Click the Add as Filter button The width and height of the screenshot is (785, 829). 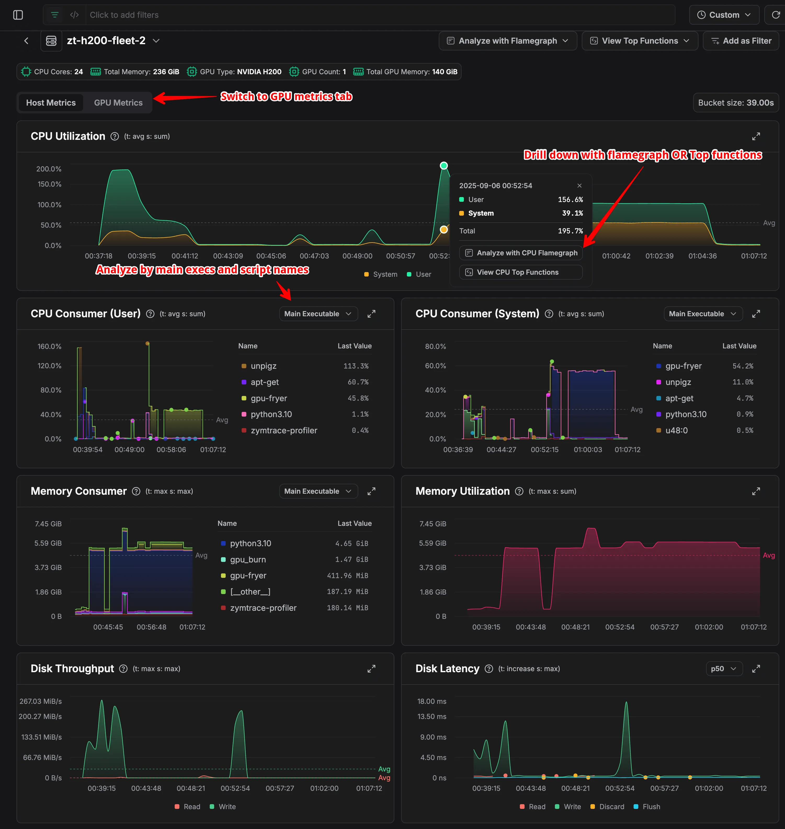click(x=741, y=41)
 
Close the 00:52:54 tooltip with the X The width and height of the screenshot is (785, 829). click(x=579, y=185)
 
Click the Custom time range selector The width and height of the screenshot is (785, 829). click(x=724, y=15)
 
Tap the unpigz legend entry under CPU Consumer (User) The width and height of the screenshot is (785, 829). click(x=263, y=366)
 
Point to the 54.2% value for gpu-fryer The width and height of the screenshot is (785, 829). click(x=742, y=366)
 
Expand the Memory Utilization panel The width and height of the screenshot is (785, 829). click(x=756, y=491)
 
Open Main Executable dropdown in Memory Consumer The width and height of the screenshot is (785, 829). click(x=318, y=491)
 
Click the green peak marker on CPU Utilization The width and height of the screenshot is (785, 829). click(x=443, y=166)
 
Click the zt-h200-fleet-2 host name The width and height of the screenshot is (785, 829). click(x=106, y=41)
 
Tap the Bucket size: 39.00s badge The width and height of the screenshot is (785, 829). click(x=735, y=102)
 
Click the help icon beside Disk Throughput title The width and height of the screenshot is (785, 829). click(x=123, y=668)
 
